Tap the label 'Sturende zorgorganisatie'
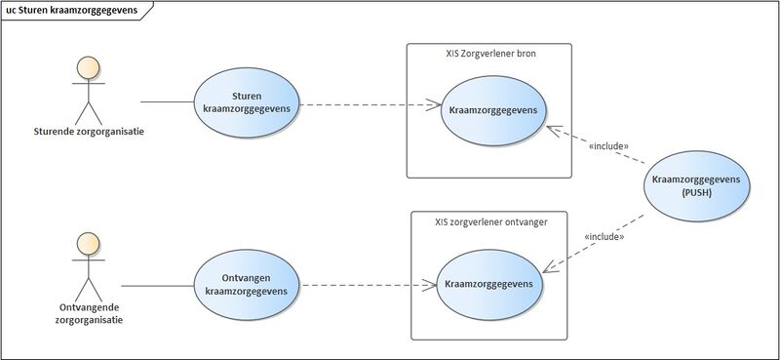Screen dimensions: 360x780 [89, 131]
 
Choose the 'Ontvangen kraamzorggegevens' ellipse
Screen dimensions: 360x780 [248, 285]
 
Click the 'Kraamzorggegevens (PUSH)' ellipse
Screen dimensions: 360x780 [697, 186]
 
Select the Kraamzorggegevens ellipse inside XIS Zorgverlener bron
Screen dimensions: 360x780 [493, 110]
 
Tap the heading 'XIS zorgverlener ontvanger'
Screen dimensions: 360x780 [490, 221]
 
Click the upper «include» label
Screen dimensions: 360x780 [609, 146]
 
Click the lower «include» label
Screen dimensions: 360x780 [603, 236]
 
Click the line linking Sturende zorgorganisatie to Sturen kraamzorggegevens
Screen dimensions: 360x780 [167, 100]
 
